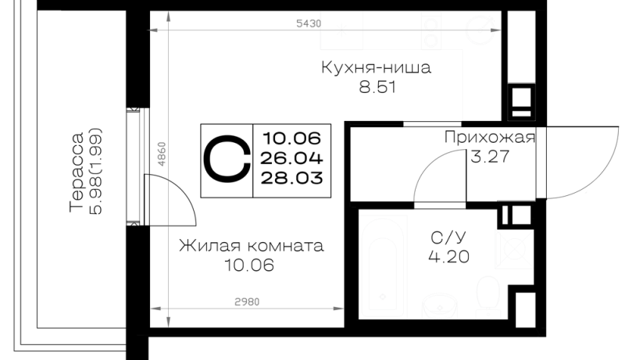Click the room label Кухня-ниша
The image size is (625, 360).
376,68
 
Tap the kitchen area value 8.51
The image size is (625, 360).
377,87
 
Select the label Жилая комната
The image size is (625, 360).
251,245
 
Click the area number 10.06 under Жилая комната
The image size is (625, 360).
249,265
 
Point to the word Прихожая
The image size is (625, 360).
490,137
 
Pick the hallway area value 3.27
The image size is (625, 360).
490,156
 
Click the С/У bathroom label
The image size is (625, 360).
448,237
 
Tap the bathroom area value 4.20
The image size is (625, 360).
448,256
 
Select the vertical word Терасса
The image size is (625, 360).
77,172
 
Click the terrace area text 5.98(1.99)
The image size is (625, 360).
95,171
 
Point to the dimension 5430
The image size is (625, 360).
309,23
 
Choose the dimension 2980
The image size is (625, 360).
247,302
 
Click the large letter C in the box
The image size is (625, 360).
227,159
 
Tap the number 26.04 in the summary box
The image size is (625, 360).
291,159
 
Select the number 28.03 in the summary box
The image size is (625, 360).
291,177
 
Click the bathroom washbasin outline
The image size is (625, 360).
440,307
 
